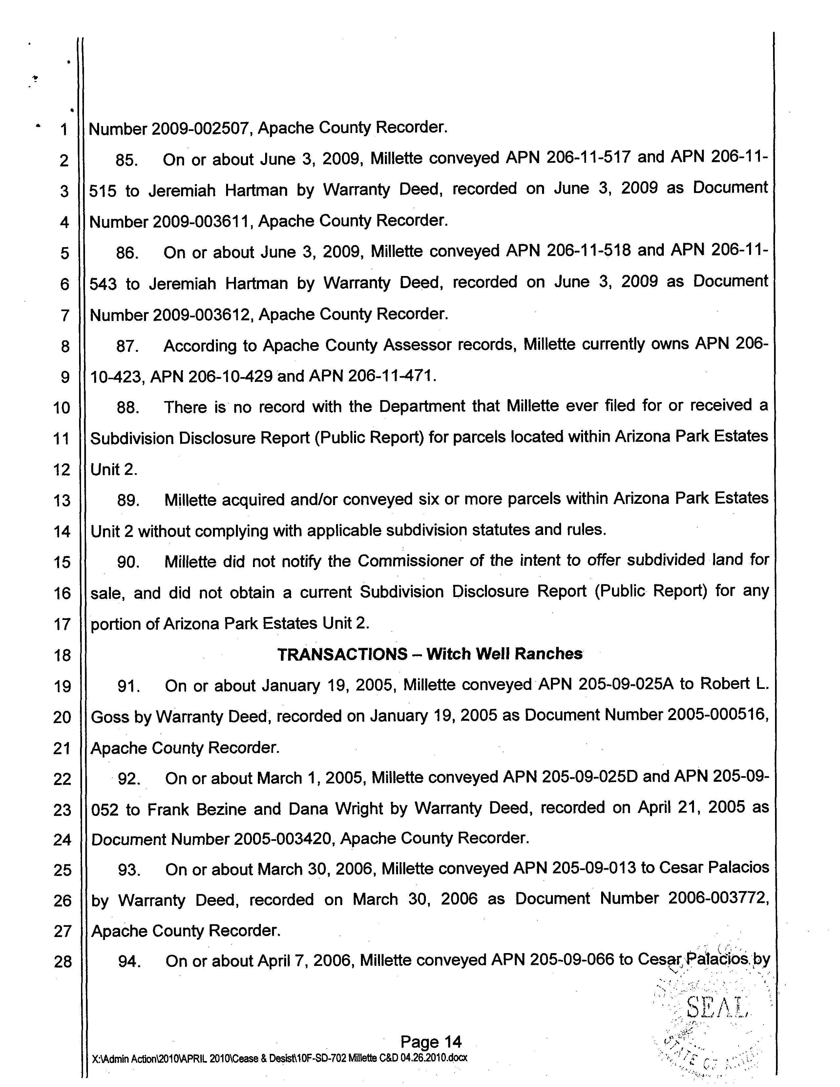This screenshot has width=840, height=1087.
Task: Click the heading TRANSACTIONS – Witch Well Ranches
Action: (430, 654)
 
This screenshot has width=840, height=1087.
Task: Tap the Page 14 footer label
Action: (431, 1042)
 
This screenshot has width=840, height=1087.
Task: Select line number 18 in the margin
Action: (62, 655)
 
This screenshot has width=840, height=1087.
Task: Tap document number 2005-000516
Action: (717, 715)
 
